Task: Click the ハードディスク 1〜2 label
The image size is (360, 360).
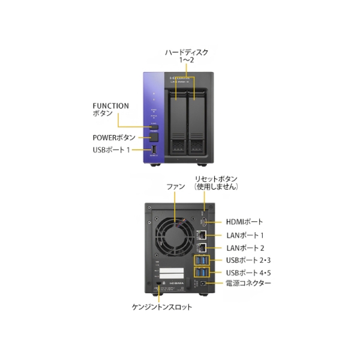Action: pyautogui.click(x=187, y=56)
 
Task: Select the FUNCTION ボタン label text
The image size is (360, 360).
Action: pyautogui.click(x=110, y=109)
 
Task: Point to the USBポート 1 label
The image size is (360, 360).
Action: pyautogui.click(x=111, y=150)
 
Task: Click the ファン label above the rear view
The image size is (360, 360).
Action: pyautogui.click(x=175, y=187)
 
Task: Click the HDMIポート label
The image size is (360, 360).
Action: pyautogui.click(x=244, y=222)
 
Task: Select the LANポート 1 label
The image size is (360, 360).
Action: pyautogui.click(x=245, y=236)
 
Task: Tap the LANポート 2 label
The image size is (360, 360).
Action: pyautogui.click(x=245, y=248)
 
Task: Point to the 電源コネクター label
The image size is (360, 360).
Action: pyautogui.click(x=248, y=283)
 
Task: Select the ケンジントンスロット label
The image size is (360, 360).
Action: pyautogui.click(x=162, y=307)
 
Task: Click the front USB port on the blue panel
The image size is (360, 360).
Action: pyautogui.click(x=154, y=150)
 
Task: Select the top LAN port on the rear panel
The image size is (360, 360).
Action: pyautogui.click(x=202, y=235)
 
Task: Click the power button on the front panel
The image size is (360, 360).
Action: pyautogui.click(x=154, y=137)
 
